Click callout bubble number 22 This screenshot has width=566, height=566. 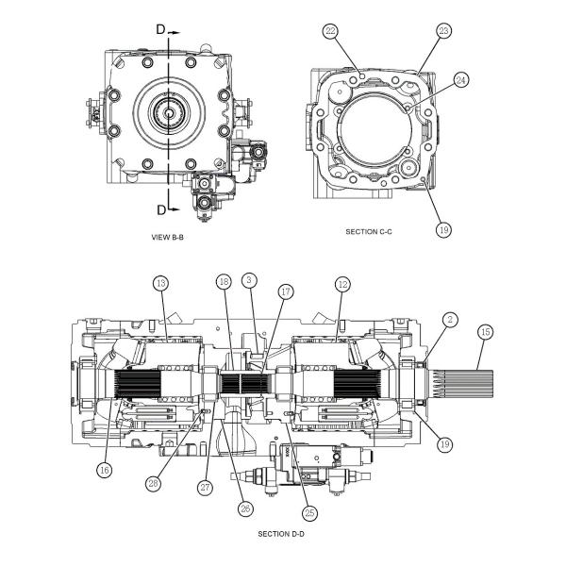pos(330,31)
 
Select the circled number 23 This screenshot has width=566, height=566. pos(444,31)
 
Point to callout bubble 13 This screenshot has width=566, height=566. pos(160,283)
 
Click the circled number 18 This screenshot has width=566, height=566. pos(224,283)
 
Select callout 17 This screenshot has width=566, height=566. pos(285,292)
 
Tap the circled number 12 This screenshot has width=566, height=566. pos(342,283)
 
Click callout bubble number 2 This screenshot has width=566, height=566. pos(451,321)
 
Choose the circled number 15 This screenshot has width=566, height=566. pos(486,332)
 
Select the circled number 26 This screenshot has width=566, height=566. pos(245,508)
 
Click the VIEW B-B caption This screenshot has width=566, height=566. pos(168,238)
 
